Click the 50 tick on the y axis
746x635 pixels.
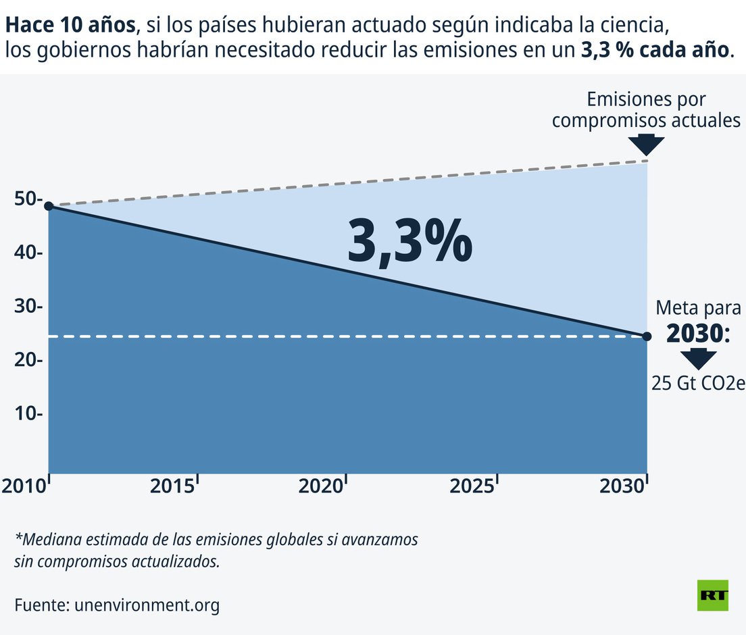tap(28, 199)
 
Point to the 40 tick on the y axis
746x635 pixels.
tap(28, 253)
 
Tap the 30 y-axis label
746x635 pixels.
tap(28, 306)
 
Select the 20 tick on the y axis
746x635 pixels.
tap(28, 359)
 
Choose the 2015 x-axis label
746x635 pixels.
tap(172, 486)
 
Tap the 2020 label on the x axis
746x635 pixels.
tap(320, 486)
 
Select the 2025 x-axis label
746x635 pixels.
tap(471, 486)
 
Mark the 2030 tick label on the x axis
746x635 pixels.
tap(621, 486)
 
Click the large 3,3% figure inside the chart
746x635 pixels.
tap(409, 242)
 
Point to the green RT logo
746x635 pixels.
tap(713, 595)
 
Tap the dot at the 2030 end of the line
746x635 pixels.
tap(647, 336)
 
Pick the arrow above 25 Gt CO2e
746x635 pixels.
tap(698, 359)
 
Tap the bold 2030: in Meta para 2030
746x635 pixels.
tap(698, 333)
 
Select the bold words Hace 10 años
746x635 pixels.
tap(70, 26)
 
